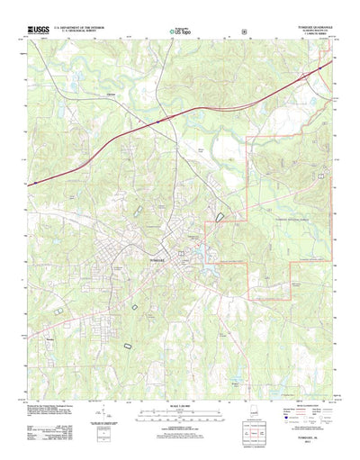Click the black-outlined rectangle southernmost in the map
(x=126, y=345)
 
